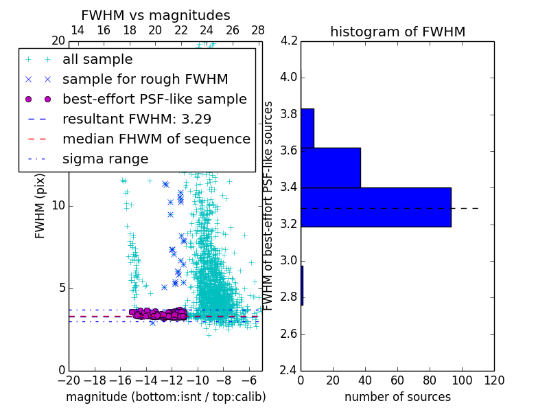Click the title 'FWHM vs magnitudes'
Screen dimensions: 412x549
(156, 15)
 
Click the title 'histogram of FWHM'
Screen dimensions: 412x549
(397, 32)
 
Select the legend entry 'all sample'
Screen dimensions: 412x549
(97, 59)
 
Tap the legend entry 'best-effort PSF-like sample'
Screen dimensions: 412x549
(154, 99)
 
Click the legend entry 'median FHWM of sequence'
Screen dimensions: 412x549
(156, 139)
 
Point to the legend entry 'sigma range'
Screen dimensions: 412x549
(105, 159)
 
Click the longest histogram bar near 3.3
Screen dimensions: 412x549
(375, 207)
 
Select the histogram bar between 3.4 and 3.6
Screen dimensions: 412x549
(330, 168)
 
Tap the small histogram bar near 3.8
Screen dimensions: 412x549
(307, 128)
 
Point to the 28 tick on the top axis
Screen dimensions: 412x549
(258, 31)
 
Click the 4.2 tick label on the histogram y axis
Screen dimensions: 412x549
(288, 41)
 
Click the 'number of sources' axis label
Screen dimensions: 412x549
(397, 397)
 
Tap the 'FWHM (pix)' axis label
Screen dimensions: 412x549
(40, 205)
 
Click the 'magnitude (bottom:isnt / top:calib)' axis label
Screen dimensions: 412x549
(165, 397)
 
